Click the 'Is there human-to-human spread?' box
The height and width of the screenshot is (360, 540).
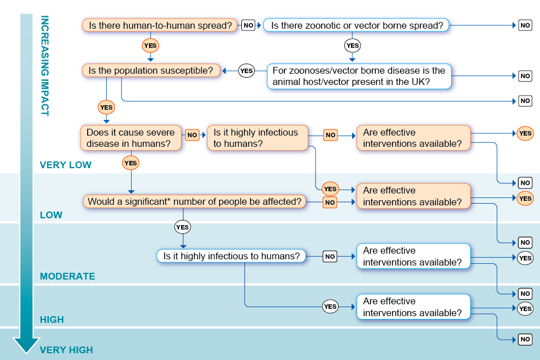160,25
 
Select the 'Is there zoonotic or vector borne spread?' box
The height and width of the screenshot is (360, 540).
357,25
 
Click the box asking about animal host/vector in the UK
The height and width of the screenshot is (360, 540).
359,76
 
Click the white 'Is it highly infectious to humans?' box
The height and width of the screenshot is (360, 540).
231,256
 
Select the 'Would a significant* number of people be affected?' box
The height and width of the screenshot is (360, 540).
195,201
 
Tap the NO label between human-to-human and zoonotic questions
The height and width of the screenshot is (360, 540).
248,25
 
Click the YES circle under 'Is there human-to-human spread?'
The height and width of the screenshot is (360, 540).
150,46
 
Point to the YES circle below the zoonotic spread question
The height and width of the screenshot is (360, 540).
352,46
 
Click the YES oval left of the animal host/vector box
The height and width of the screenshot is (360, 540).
246,71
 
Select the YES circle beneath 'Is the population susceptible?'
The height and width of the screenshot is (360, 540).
106,107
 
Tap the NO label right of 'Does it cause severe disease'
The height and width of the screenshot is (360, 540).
192,135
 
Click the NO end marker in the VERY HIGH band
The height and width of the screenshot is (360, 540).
525,339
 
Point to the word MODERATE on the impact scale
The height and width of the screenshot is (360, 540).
67,277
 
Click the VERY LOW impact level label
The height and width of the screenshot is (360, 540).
66,165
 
